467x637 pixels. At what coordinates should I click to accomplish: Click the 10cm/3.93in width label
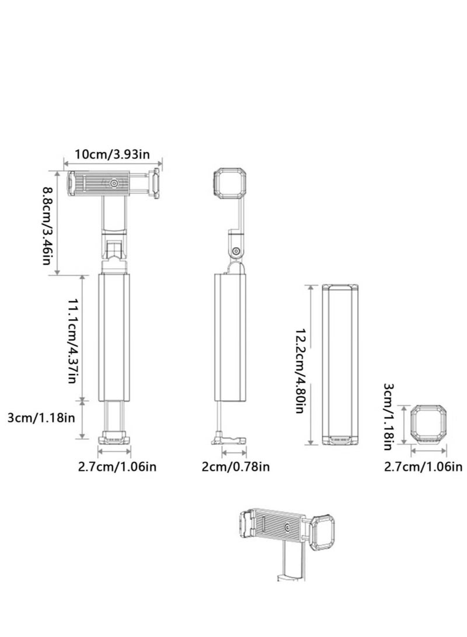[x=113, y=154]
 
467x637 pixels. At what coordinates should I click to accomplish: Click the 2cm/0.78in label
[x=236, y=466]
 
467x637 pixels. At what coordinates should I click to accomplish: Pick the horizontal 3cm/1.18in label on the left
[x=41, y=417]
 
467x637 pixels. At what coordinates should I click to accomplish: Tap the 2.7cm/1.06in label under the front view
[x=117, y=466]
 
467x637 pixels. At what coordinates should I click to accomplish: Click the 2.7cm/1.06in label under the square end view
[x=423, y=466]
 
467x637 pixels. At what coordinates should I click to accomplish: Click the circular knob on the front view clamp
[x=114, y=184]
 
